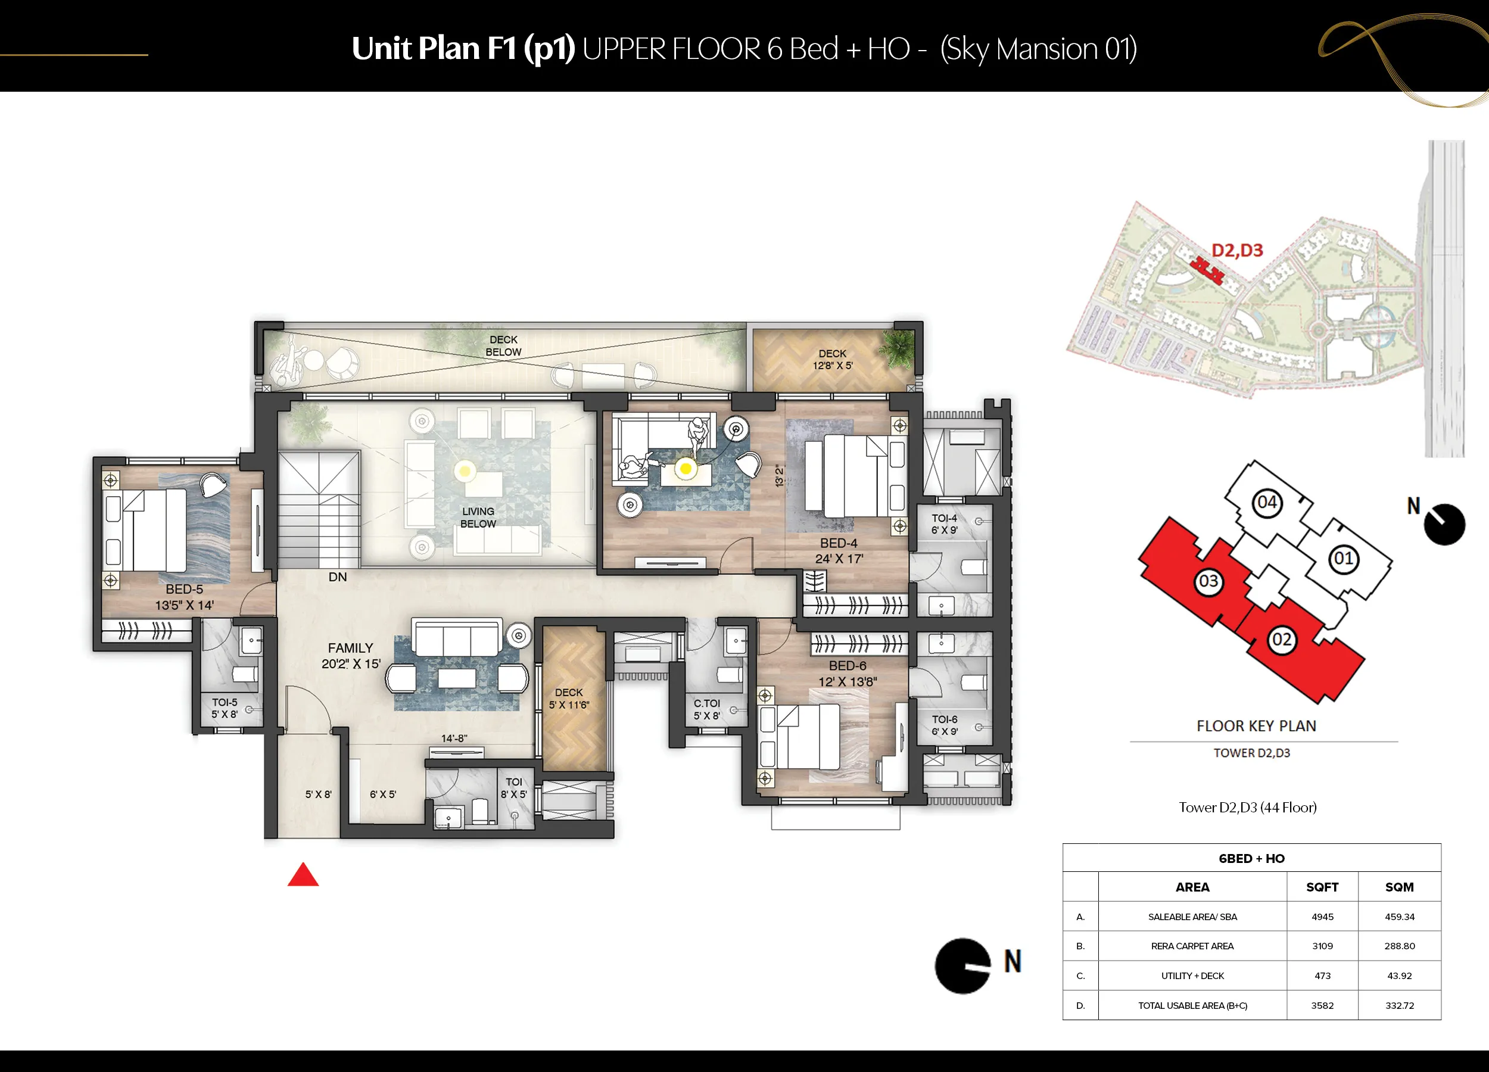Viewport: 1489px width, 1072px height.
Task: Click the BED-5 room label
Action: (x=185, y=590)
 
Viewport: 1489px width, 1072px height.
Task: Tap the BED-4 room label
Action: (x=839, y=544)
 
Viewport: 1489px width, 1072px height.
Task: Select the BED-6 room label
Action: (x=848, y=666)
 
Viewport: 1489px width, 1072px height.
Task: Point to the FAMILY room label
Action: (x=351, y=648)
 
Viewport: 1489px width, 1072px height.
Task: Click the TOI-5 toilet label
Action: (x=225, y=702)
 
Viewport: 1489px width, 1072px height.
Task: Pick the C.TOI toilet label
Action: (x=707, y=703)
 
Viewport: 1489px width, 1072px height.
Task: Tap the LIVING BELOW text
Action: (x=478, y=518)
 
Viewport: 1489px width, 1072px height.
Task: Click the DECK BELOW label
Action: (x=503, y=346)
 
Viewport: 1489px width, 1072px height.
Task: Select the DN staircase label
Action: (x=338, y=577)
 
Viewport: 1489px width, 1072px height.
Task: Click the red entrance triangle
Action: (x=303, y=875)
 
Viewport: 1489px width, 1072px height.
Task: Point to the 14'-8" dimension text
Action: (x=454, y=738)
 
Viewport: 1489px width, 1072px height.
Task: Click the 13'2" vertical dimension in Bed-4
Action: (x=779, y=476)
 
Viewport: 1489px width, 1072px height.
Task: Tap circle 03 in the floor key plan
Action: (x=1208, y=582)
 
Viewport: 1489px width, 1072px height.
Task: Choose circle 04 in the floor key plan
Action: (x=1266, y=503)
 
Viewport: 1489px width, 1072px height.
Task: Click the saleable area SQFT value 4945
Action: (x=1322, y=917)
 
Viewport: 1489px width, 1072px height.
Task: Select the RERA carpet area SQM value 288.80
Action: (x=1400, y=946)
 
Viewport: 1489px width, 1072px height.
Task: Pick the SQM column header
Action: (x=1400, y=887)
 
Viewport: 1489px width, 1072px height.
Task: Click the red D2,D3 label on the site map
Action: (x=1237, y=250)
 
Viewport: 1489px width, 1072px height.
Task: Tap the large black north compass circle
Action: (x=962, y=965)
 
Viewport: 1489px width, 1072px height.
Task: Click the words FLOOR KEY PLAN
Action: (x=1256, y=726)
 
